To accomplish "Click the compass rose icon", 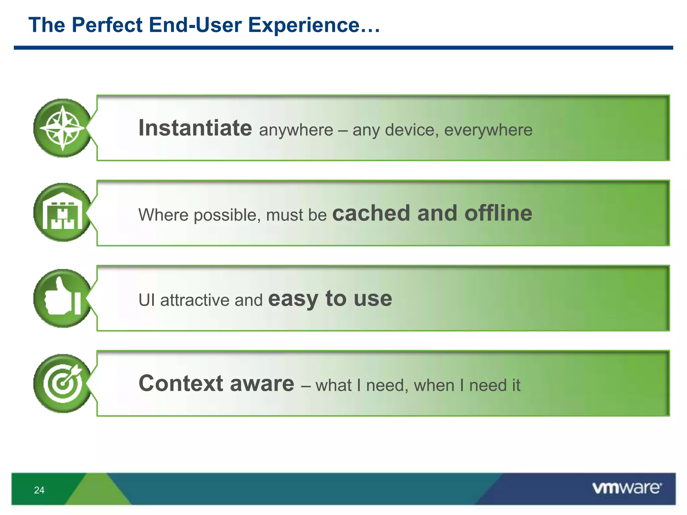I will [62, 128].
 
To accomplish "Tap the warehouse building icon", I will [62, 213].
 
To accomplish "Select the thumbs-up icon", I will [62, 298].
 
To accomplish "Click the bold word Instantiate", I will [195, 128].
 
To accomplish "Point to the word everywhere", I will [488, 130].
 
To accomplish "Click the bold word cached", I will [371, 213].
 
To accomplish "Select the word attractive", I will [195, 300].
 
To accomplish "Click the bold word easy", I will [293, 299].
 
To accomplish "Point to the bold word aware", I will [262, 384].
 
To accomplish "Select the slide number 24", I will [39, 490].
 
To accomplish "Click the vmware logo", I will [627, 488].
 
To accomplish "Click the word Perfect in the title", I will [107, 25].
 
